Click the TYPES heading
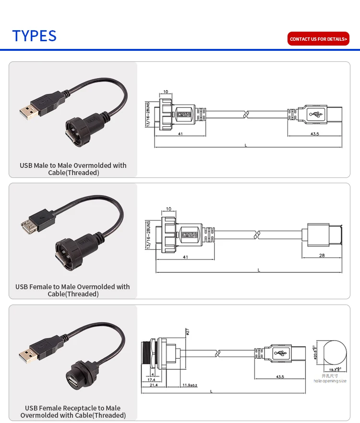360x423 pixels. point(35,36)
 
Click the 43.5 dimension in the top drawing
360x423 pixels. point(315,134)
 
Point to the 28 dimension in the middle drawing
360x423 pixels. point(322,255)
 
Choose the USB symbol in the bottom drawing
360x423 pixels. point(281,354)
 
